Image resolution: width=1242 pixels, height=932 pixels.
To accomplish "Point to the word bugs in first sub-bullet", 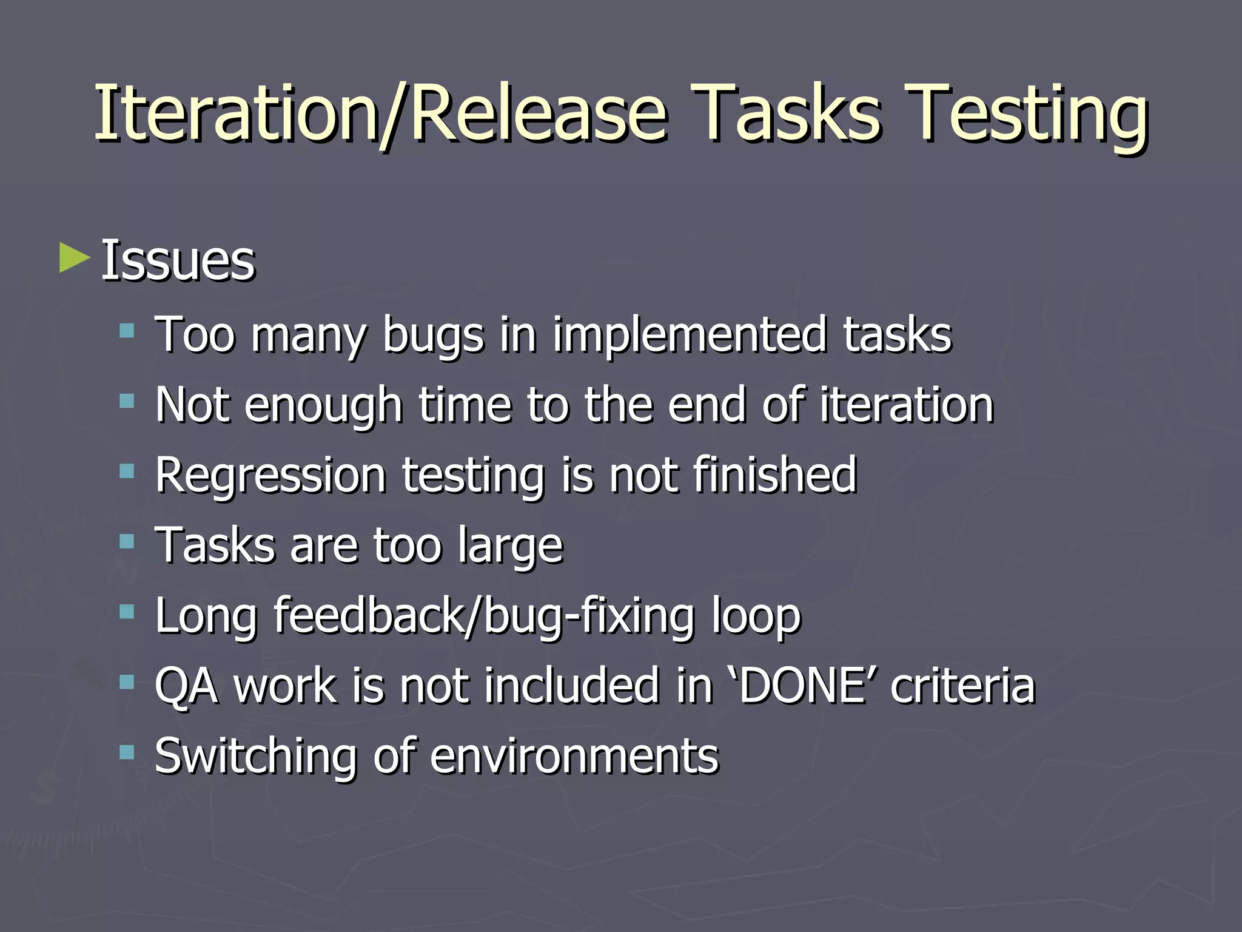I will pos(433,335).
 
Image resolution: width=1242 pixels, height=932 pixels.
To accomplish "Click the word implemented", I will pos(690,335).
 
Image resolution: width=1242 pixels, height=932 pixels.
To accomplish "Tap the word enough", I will pos(323,405).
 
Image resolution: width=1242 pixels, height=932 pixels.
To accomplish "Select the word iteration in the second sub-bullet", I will pos(907,405).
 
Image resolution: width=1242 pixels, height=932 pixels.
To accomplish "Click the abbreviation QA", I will pos(186,686).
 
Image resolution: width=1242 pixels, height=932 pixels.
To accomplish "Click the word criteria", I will pos(962,686).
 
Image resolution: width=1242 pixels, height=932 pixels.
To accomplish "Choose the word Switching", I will pos(255,757).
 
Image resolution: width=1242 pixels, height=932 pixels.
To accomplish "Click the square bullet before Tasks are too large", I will pos(127,541).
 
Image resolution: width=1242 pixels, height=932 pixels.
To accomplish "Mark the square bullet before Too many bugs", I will pos(127,331).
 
